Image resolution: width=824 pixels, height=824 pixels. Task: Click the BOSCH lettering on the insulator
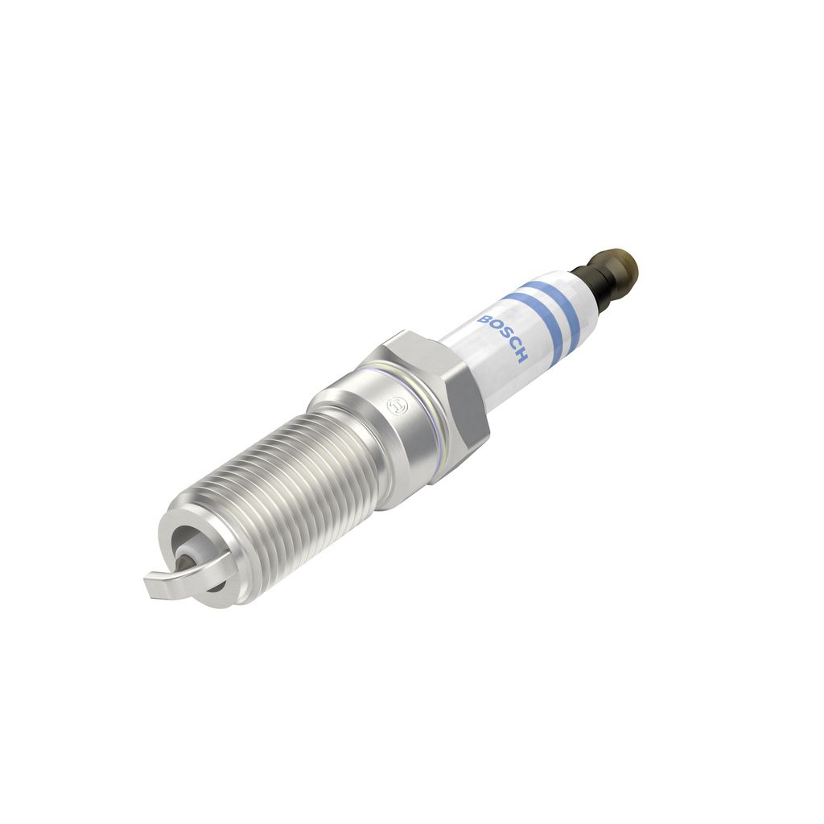[502, 339]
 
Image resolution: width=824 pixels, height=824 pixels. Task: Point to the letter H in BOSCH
[521, 356]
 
